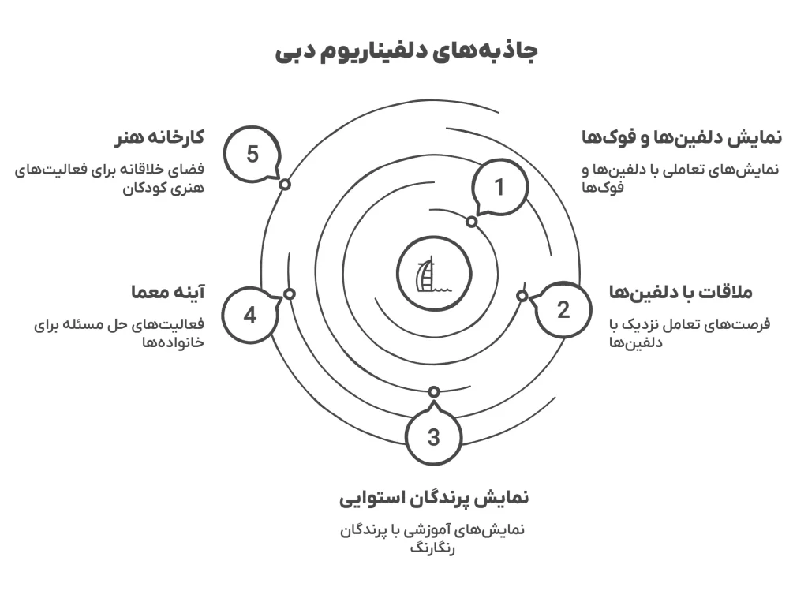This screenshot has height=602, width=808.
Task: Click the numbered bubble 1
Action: pyautogui.click(x=498, y=187)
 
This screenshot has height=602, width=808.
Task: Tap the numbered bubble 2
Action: pyautogui.click(x=563, y=310)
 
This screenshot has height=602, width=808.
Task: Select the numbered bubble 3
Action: pyautogui.click(x=433, y=436)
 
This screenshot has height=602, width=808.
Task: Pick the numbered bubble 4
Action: pyautogui.click(x=249, y=316)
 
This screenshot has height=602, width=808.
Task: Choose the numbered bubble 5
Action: pyautogui.click(x=252, y=154)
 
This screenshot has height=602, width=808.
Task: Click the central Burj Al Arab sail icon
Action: pyautogui.click(x=426, y=273)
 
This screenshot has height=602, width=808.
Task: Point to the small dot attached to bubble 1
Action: pyautogui.click(x=471, y=222)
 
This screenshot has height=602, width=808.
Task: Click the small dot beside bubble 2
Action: pyautogui.click(x=522, y=296)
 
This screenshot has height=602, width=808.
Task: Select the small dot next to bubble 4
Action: pyautogui.click(x=290, y=294)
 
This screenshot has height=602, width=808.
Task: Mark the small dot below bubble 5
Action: pyautogui.click(x=285, y=184)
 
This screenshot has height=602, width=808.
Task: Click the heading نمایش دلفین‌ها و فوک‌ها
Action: pyautogui.click(x=681, y=136)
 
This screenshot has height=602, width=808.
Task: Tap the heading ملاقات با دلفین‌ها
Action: pyautogui.click(x=681, y=292)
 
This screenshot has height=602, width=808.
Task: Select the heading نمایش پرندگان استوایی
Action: pyautogui.click(x=434, y=498)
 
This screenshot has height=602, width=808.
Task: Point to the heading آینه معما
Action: pyautogui.click(x=167, y=292)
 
